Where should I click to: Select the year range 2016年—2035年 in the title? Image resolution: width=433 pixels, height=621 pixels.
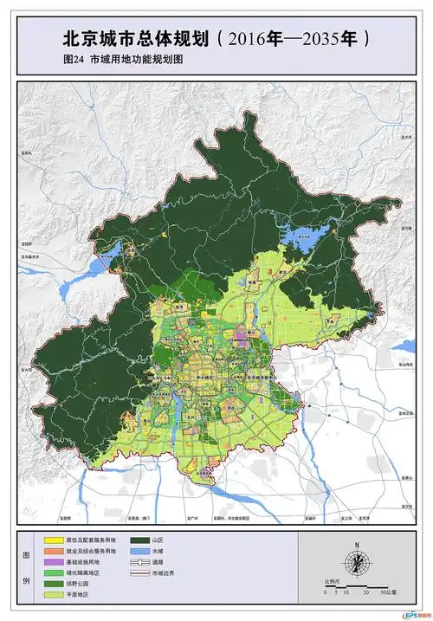(x=294, y=39)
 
